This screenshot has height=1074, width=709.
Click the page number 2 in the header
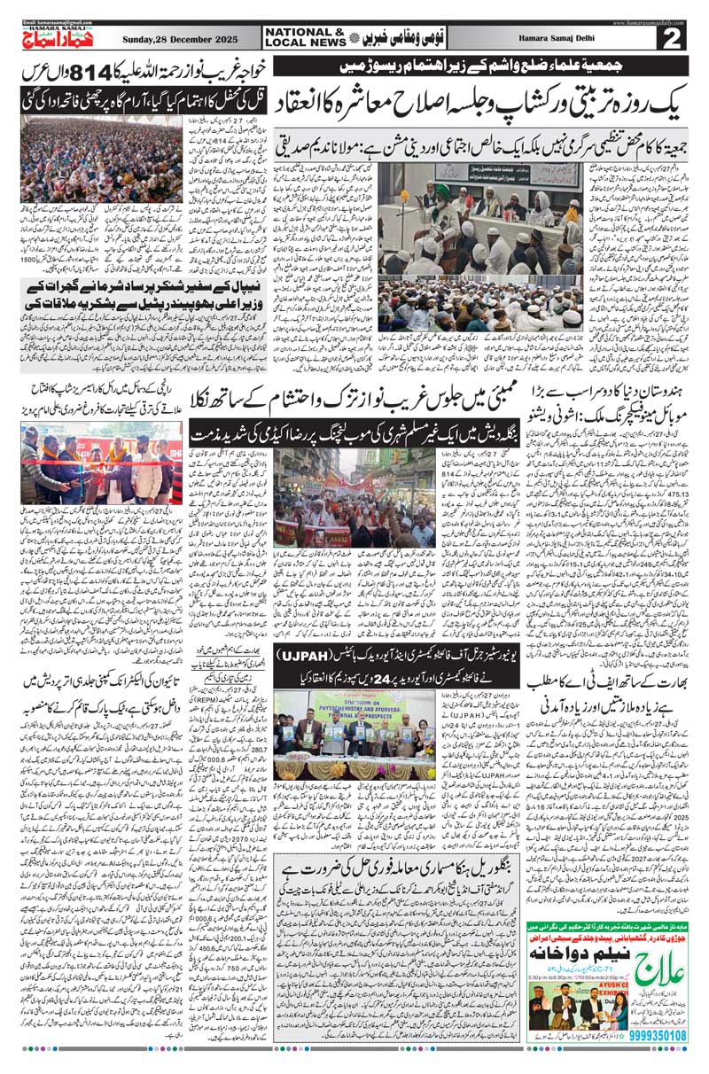[x=672, y=38]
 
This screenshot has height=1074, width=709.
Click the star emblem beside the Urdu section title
[x=356, y=37]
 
